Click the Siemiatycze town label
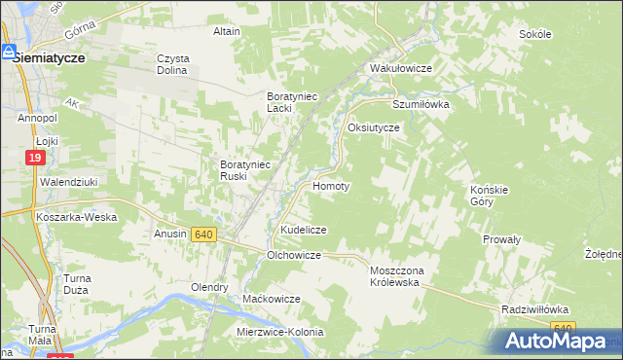pos(49,58)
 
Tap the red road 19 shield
pos(34,158)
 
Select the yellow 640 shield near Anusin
pos(203,234)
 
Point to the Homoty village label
pos(331,185)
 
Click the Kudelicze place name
pos(304,230)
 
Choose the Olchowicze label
pos(294,255)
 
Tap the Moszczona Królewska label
pos(394,275)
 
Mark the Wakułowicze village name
pos(400,69)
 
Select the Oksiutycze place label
pos(374,127)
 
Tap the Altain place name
pos(227,31)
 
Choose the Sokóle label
pos(535,34)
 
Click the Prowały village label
pos(502,238)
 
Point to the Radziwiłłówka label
pos(534,308)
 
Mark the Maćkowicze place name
pos(272,299)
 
